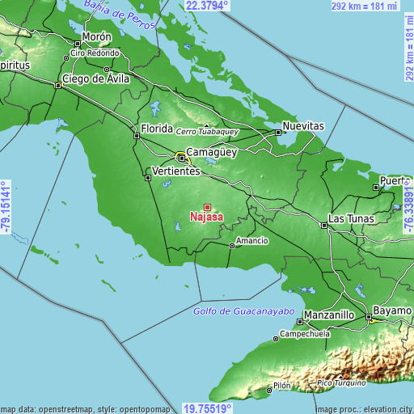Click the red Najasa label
[x=207, y=218]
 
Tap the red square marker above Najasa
[x=207, y=207]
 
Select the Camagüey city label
[x=210, y=151]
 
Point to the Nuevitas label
[x=303, y=127]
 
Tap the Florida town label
[x=157, y=129]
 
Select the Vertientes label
[x=175, y=171]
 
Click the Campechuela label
[x=306, y=333]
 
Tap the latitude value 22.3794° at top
[x=207, y=6]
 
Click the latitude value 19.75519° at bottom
[x=207, y=408]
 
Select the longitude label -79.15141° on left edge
[x=6, y=208]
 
